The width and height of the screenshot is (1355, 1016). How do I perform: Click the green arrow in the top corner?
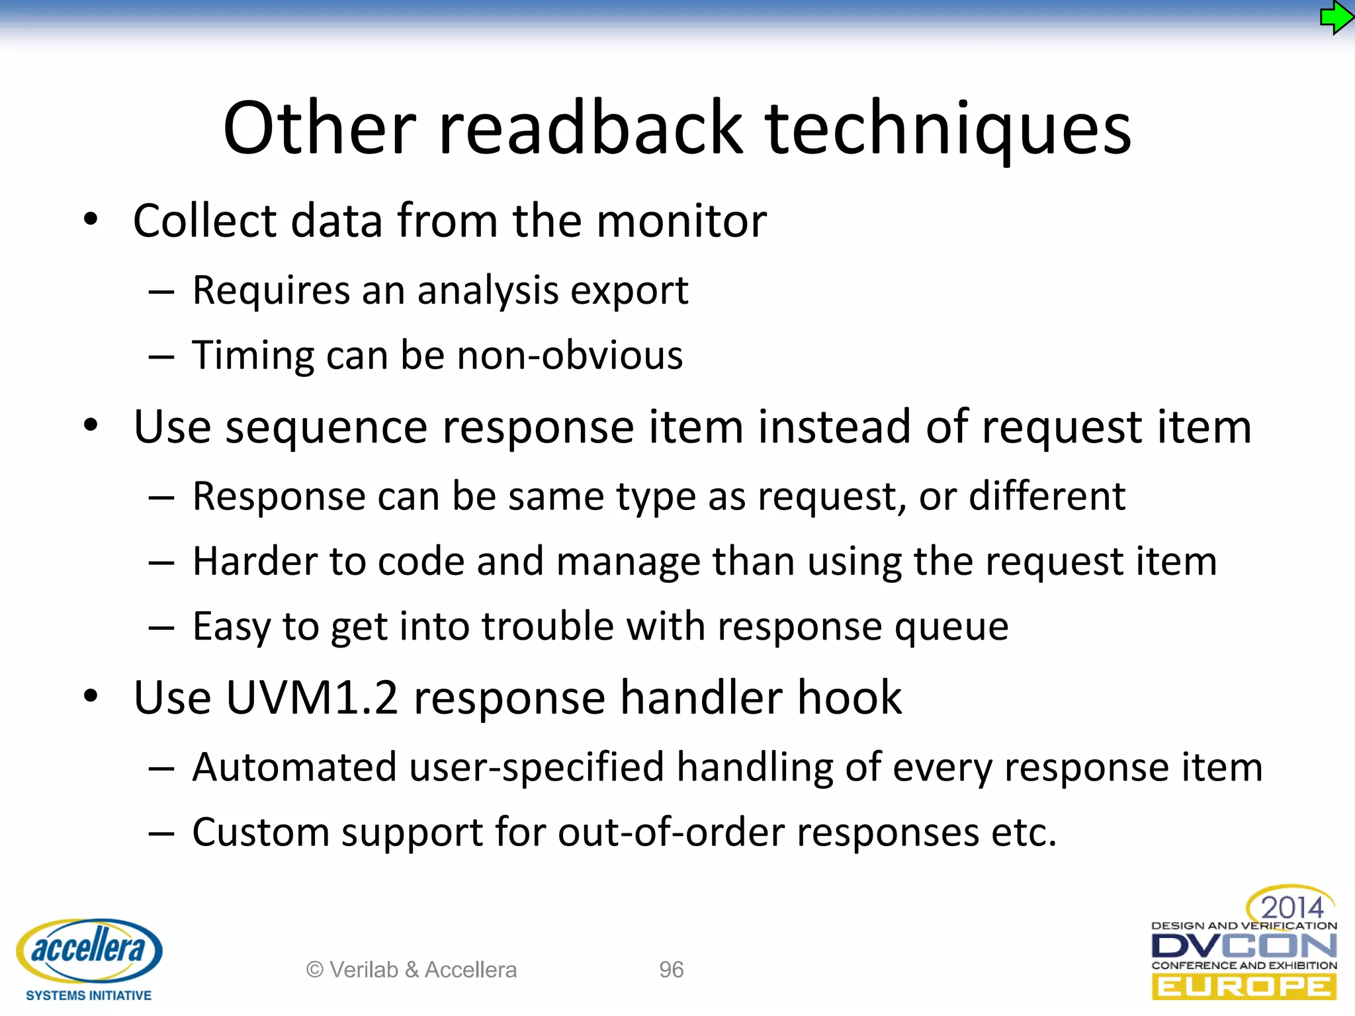[x=1336, y=18]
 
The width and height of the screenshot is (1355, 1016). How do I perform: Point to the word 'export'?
[x=629, y=291]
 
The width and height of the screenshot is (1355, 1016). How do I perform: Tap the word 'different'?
[x=1047, y=496]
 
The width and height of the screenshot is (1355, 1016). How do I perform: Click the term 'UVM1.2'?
[x=312, y=698]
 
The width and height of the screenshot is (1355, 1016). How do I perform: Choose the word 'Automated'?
[x=294, y=767]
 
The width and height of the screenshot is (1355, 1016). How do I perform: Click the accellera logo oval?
[x=89, y=950]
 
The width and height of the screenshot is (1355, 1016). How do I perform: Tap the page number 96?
[x=671, y=970]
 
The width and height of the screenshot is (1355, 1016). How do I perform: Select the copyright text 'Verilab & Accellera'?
[x=423, y=970]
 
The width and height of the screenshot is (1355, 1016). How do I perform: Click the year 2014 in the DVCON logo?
[x=1291, y=907]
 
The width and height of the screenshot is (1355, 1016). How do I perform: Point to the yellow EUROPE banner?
[x=1243, y=988]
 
